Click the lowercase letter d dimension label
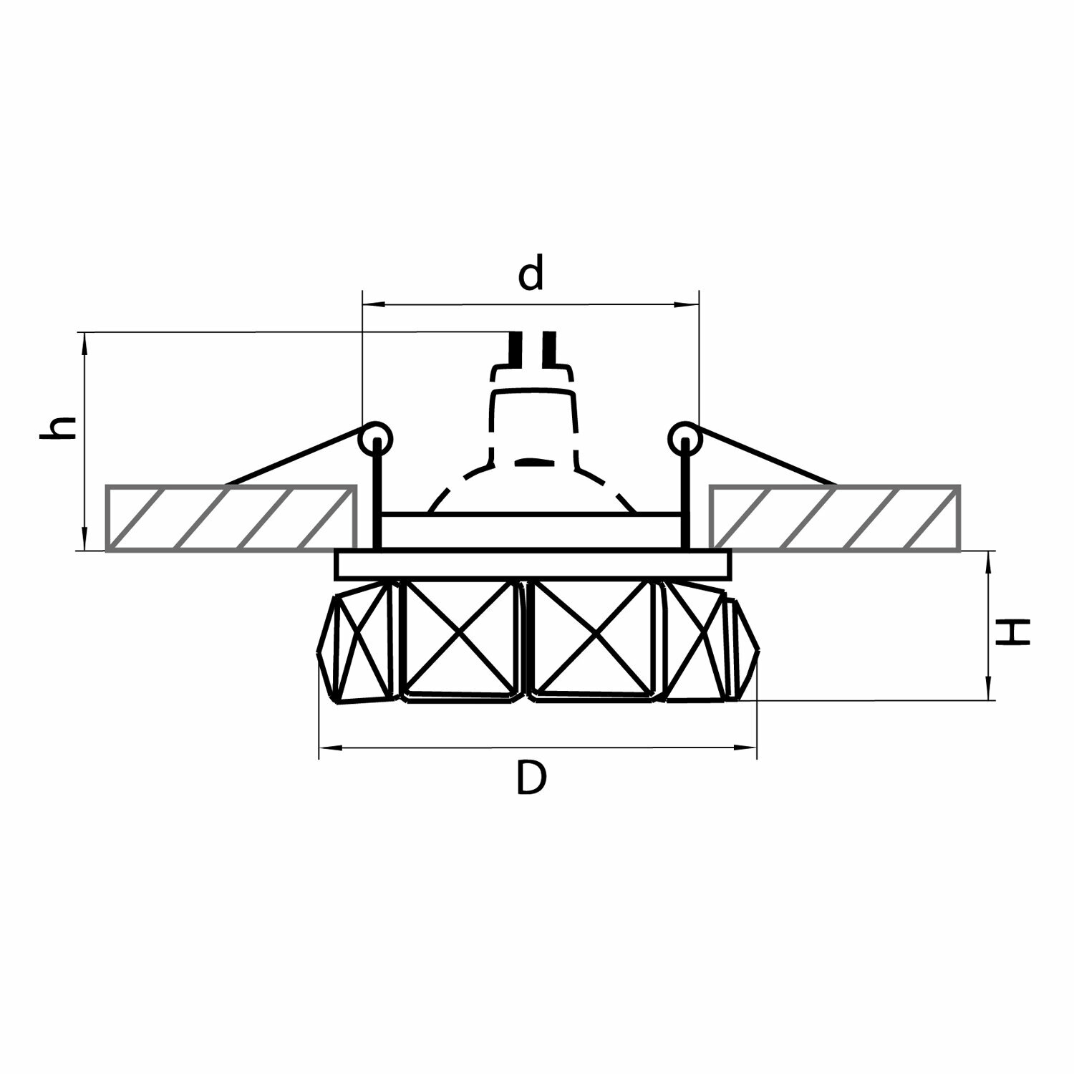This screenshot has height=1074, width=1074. tap(531, 274)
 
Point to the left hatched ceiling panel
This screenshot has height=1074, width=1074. tap(231, 518)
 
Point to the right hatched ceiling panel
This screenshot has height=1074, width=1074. tap(835, 518)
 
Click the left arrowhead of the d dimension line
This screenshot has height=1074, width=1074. tap(369, 306)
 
